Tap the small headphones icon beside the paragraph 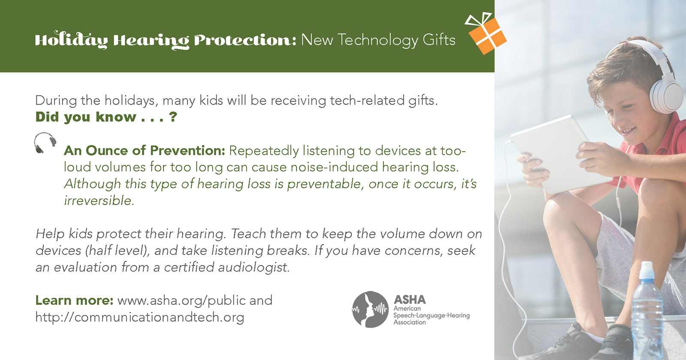point(45,143)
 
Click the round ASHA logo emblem point(370,309)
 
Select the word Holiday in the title point(71,40)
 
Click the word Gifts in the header point(439,40)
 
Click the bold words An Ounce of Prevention point(144,150)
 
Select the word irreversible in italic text point(99,201)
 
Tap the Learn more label point(75,300)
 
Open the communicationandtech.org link point(140,317)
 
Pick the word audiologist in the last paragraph point(253,267)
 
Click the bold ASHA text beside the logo point(409,300)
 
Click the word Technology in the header point(378,40)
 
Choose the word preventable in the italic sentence point(325,184)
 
